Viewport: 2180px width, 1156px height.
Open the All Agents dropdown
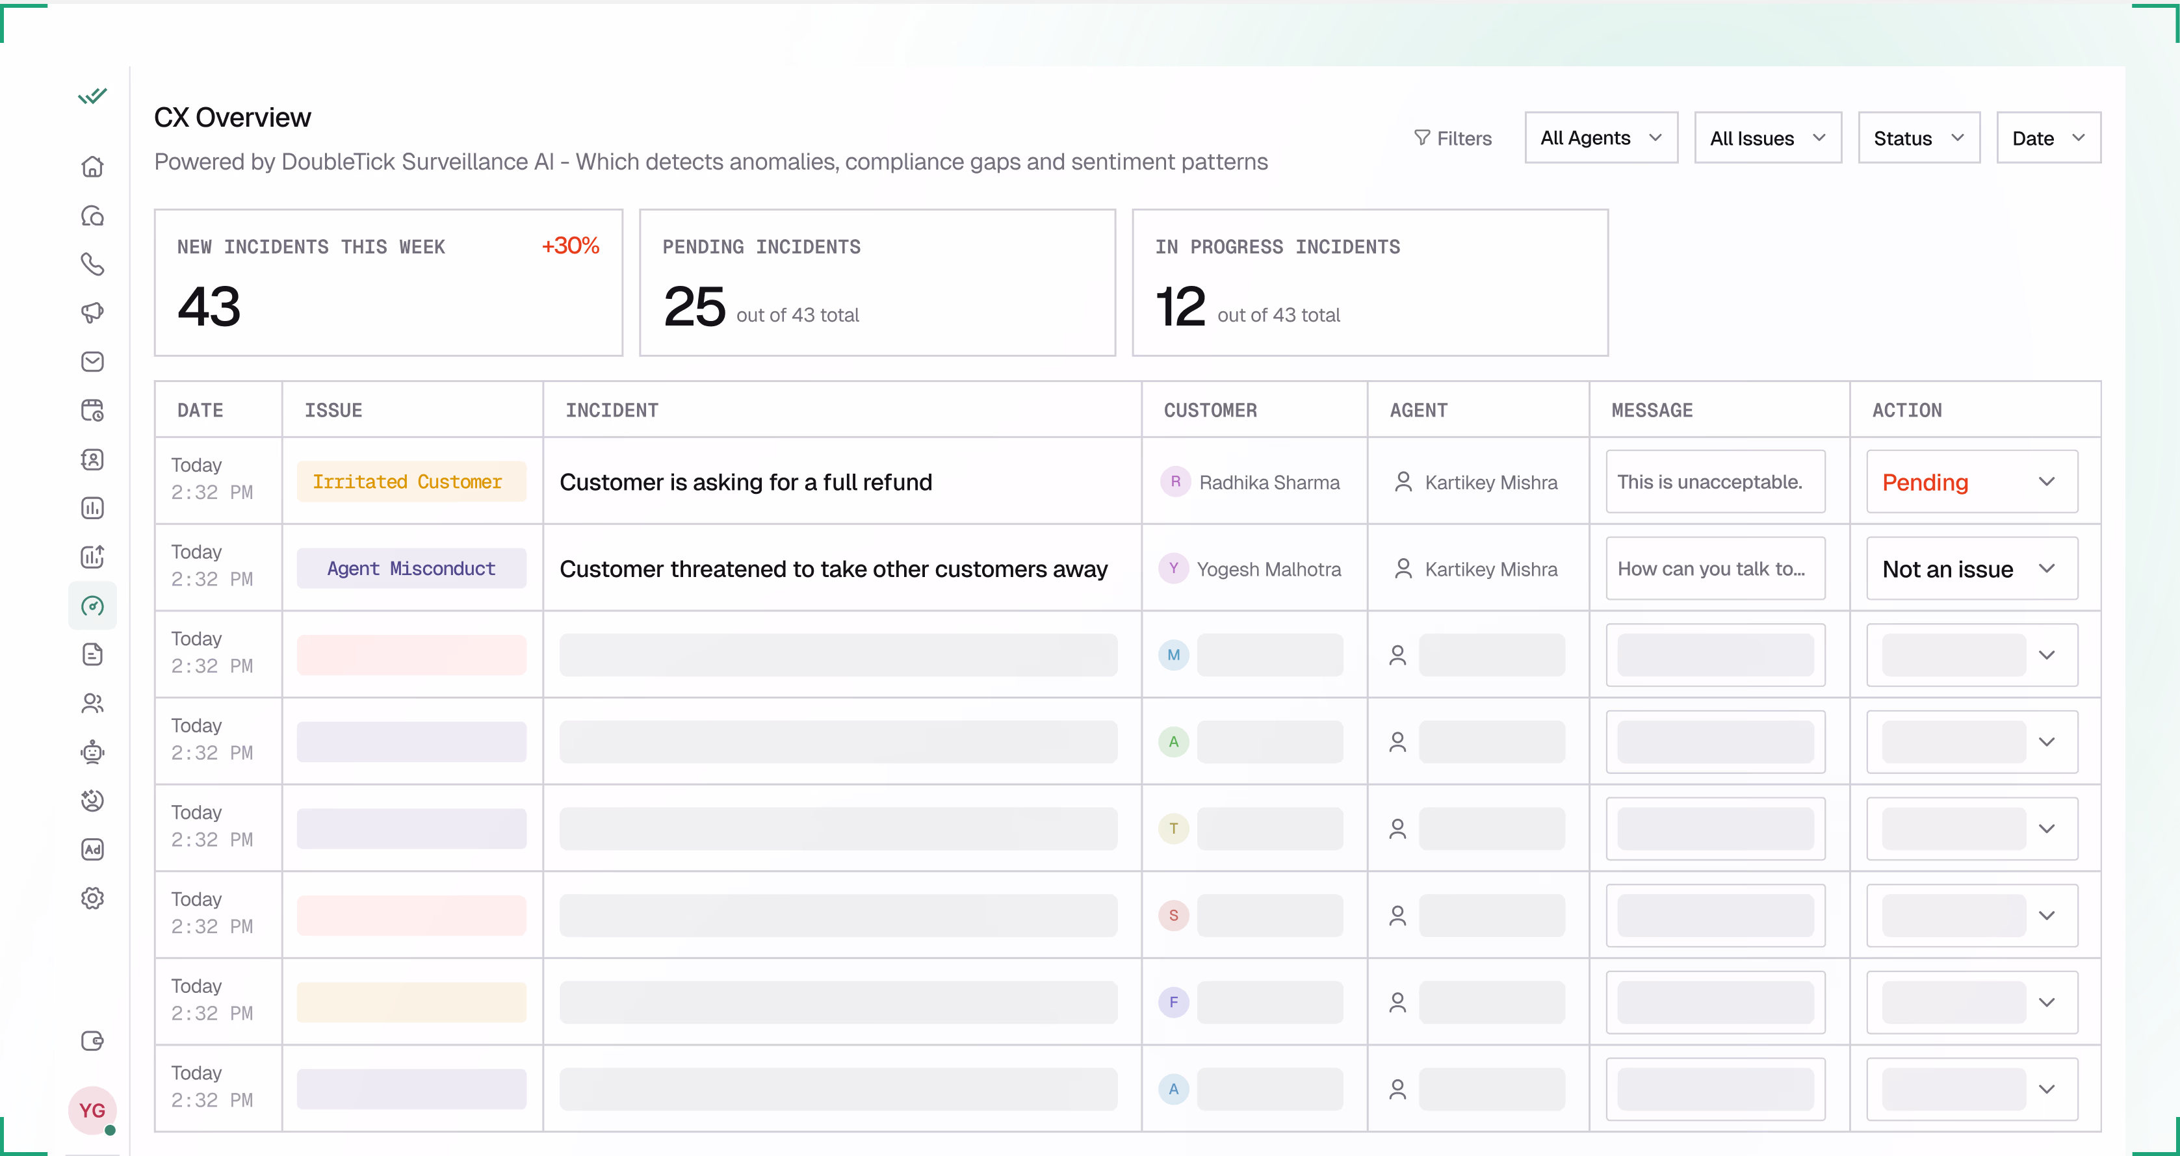tap(1600, 138)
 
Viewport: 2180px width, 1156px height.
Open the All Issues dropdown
tap(1767, 138)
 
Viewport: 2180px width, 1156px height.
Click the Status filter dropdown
tap(1917, 138)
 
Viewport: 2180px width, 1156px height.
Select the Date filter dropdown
tap(2047, 138)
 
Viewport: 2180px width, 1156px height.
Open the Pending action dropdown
tap(1971, 482)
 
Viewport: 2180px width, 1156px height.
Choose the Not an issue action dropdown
tap(1971, 569)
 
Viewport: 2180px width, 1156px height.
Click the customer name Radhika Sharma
tap(1269, 482)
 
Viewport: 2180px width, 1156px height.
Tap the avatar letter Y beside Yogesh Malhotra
tap(1173, 569)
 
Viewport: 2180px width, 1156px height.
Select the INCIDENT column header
tap(612, 411)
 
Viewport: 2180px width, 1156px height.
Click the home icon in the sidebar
tap(92, 167)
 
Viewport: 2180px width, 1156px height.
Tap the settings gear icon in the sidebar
tap(92, 898)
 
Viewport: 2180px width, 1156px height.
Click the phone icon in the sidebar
tap(92, 264)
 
